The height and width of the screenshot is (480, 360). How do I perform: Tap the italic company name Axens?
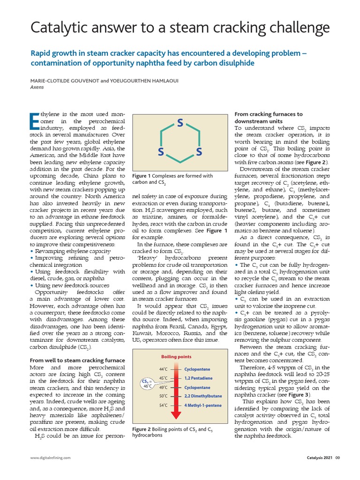tap(37, 87)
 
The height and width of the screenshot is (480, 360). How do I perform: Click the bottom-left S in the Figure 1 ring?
tap(161, 152)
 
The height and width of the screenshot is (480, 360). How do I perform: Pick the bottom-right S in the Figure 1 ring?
tap(199, 152)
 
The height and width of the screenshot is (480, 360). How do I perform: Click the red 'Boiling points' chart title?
tap(177, 357)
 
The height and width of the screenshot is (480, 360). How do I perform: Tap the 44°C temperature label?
tap(164, 369)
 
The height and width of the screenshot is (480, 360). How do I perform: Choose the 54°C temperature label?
tap(164, 405)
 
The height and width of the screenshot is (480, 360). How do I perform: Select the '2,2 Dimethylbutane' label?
tap(203, 396)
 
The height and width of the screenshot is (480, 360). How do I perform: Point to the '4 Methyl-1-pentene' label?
tap(203, 405)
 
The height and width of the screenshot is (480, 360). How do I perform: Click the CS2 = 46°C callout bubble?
tap(147, 383)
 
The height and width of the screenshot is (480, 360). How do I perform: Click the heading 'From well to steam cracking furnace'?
tap(77, 360)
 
